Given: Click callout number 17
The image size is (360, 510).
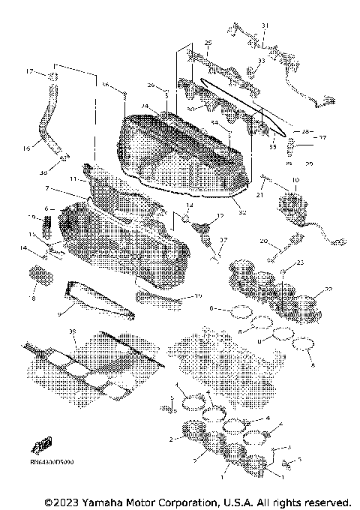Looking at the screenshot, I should (30, 72).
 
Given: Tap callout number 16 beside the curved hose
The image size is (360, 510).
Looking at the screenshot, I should (26, 149).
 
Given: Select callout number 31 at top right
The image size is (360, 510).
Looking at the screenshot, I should (264, 26).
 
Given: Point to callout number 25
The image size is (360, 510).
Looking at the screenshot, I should (208, 43).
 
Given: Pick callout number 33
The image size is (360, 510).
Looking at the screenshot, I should (261, 61).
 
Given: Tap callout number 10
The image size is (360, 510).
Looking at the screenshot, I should (295, 180).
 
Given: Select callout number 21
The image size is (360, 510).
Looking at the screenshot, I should (259, 195).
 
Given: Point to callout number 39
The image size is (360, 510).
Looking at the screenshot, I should (72, 331).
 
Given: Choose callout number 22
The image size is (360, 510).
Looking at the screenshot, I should (328, 289).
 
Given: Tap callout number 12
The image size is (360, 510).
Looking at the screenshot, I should (220, 215).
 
